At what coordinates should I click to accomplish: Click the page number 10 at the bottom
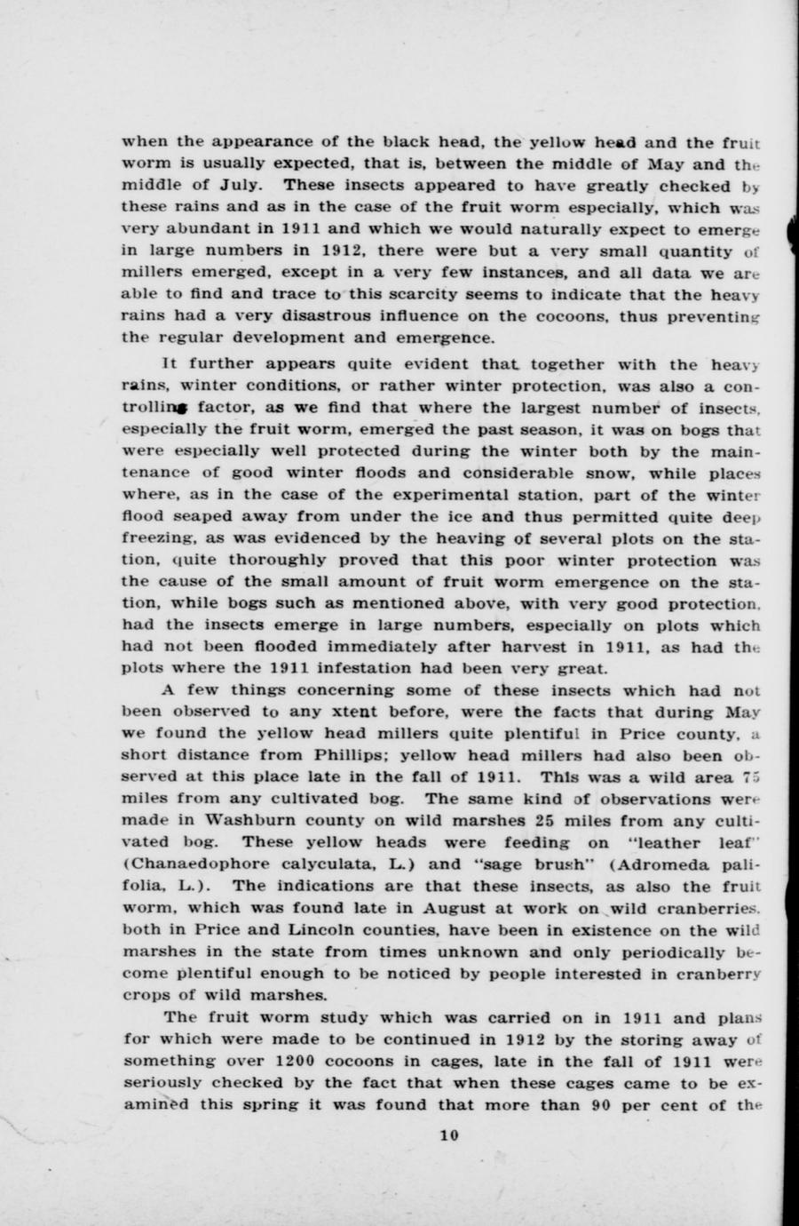point(448,1134)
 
